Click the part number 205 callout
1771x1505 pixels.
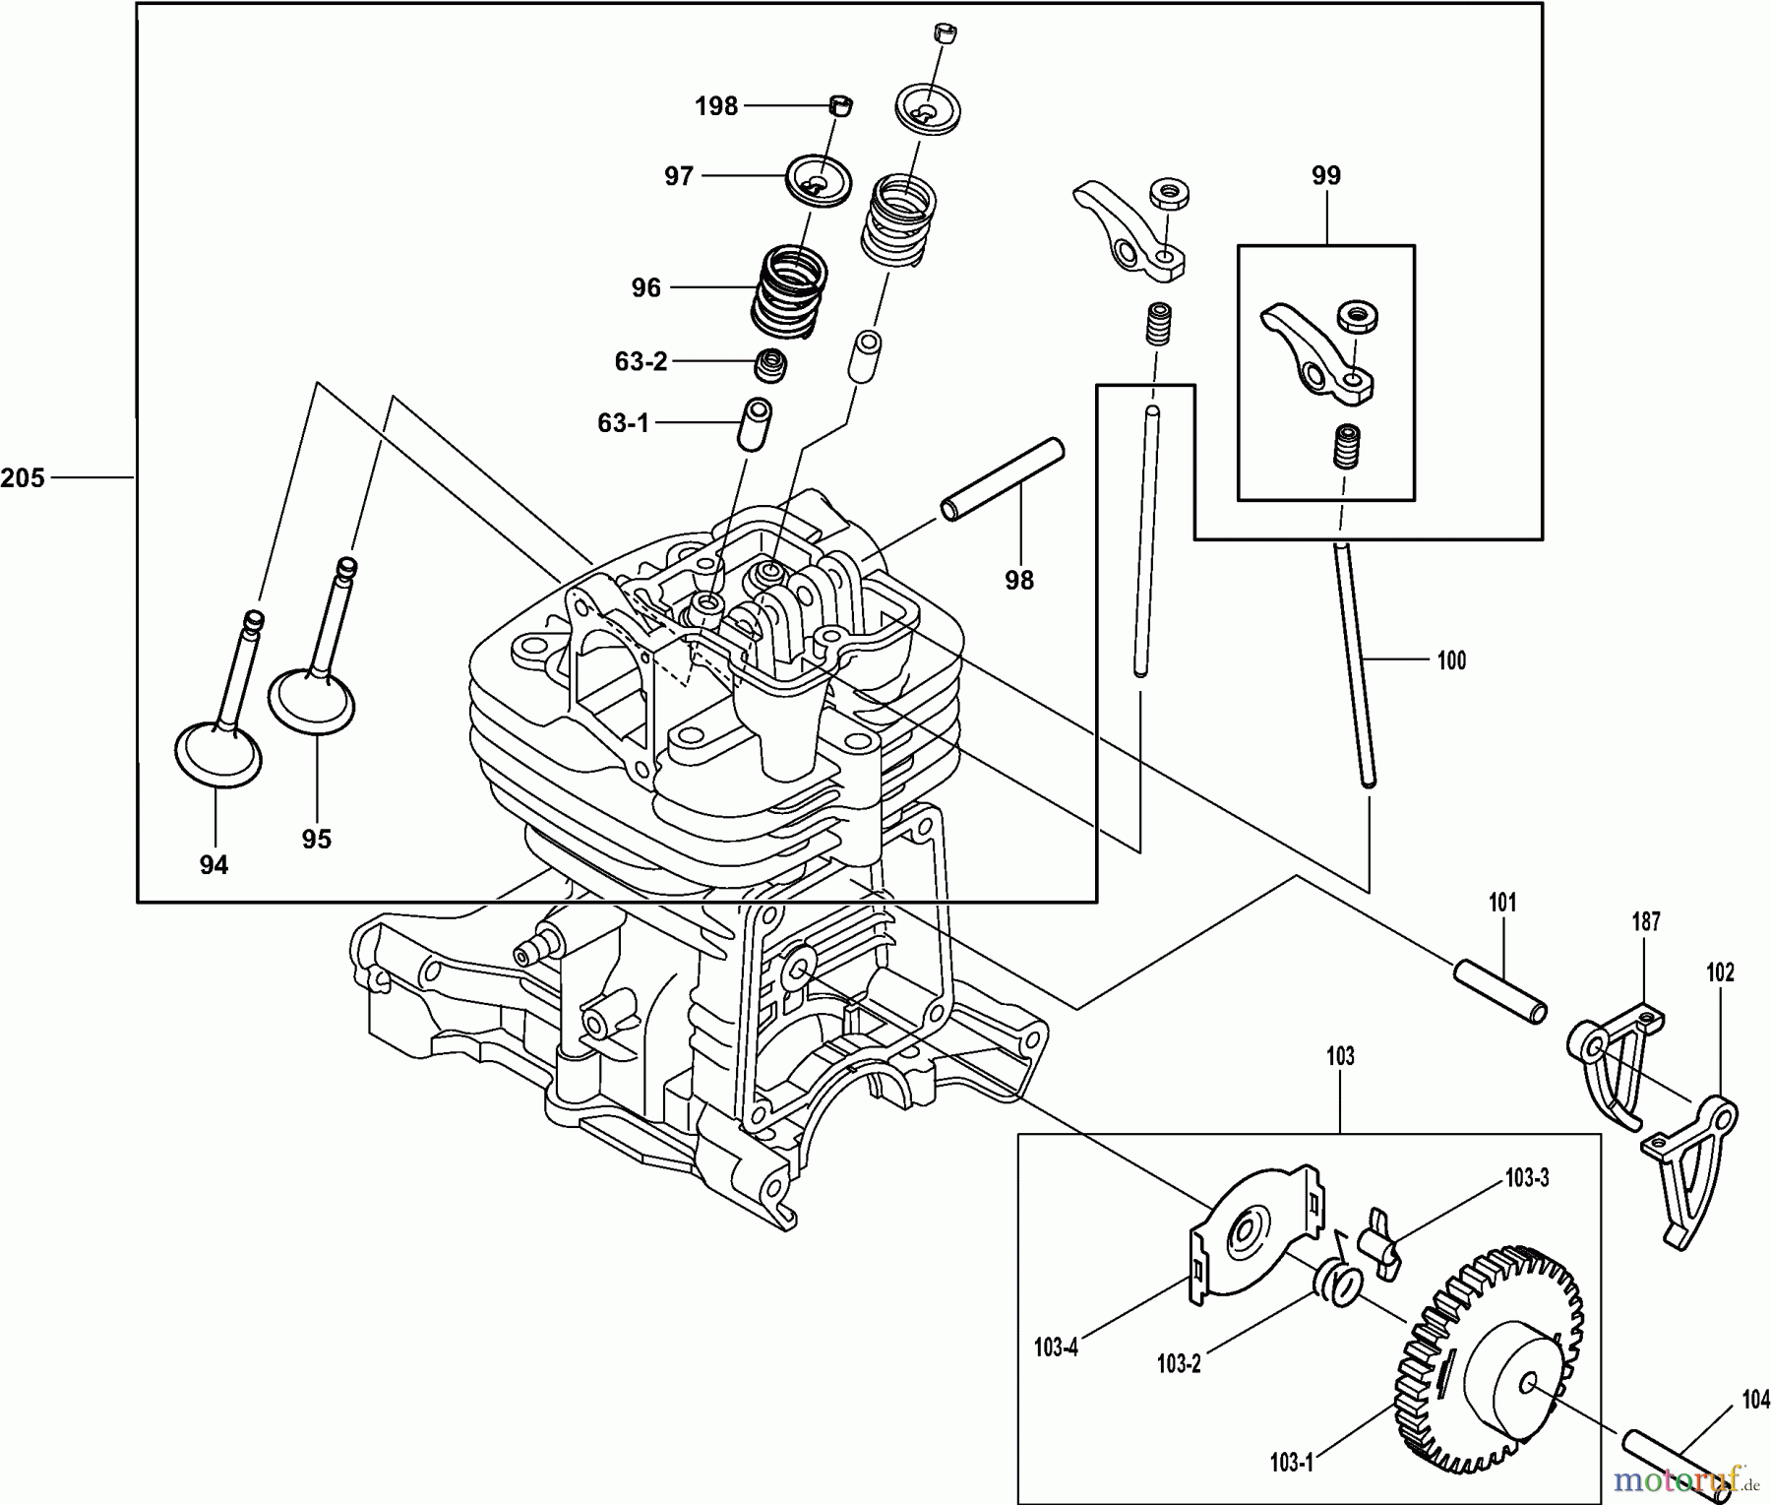[x=23, y=478]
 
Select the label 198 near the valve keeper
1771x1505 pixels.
[x=716, y=106]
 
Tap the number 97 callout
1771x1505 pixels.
[x=679, y=176]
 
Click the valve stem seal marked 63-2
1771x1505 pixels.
[x=770, y=365]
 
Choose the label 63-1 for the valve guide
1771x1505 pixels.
[x=624, y=423]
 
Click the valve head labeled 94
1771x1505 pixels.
[x=218, y=754]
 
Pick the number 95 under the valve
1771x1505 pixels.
[x=317, y=840]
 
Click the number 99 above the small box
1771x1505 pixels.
[x=1326, y=176]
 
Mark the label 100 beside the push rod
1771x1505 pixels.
[x=1451, y=660]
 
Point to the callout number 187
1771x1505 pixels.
[x=1645, y=922]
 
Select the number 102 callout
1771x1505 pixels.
[x=1720, y=972]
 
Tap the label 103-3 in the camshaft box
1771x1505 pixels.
[x=1527, y=1177]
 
